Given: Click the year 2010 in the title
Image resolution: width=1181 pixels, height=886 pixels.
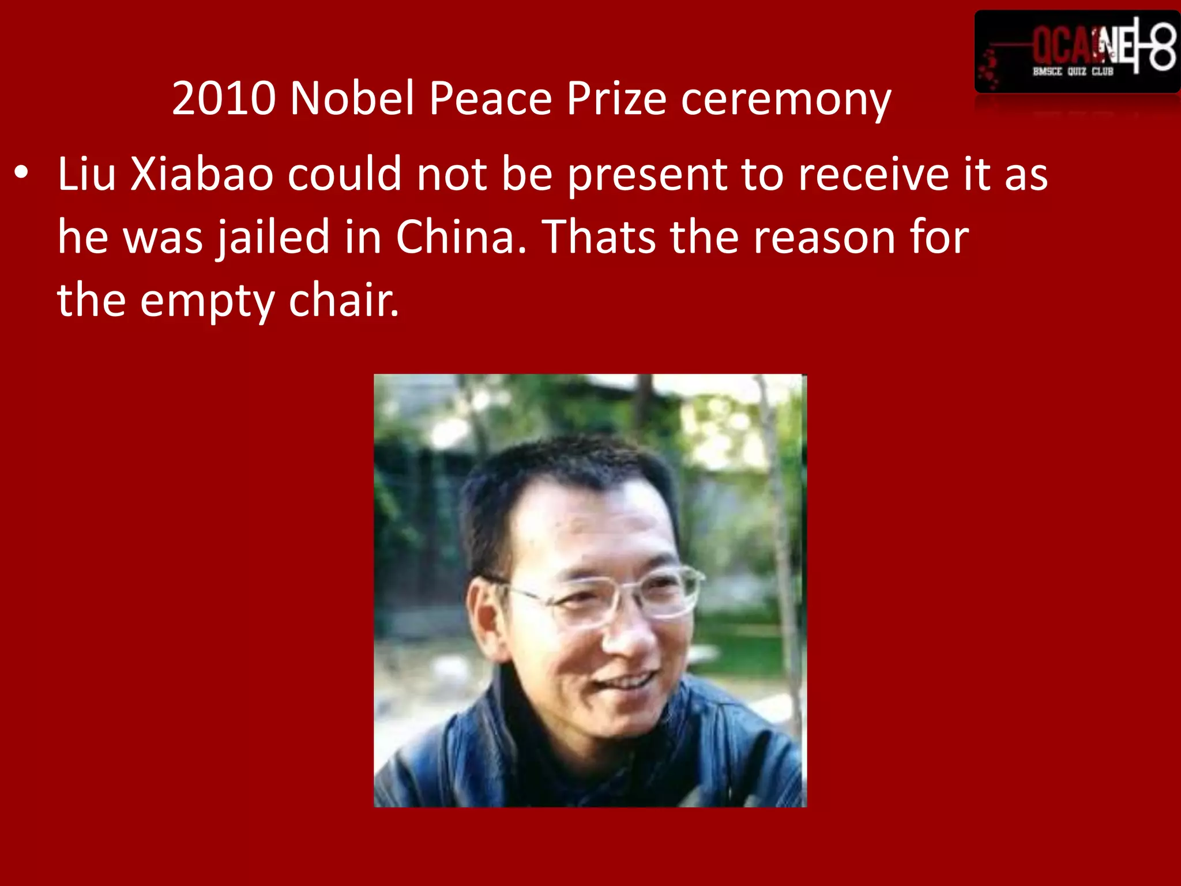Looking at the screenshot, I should pos(224,98).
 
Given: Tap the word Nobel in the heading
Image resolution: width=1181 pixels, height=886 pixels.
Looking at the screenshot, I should pos(352,98).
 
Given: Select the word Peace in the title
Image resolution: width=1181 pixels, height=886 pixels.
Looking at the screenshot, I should pos(490,98).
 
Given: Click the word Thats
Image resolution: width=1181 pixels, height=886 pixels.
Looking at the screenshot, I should pos(600,236).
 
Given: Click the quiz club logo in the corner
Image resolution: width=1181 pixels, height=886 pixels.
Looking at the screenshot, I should pos(1077,52).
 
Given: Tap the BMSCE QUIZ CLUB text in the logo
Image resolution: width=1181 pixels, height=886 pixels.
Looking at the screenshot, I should pos(1073,72).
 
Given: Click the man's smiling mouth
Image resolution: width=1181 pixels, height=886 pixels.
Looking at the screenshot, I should pos(626,684).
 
